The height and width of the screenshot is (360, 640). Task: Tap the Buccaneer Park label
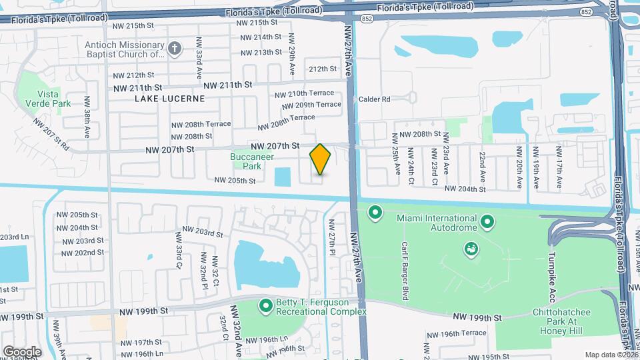click(x=246, y=161)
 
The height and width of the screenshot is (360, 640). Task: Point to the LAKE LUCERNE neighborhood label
click(x=169, y=99)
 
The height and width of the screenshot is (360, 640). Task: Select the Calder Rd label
click(x=374, y=99)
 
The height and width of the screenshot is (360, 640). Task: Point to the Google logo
click(x=22, y=351)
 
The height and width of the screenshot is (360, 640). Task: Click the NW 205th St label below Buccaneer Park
click(x=235, y=180)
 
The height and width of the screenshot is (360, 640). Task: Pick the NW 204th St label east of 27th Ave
click(x=465, y=189)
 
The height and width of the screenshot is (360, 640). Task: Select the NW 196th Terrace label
click(x=456, y=333)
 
